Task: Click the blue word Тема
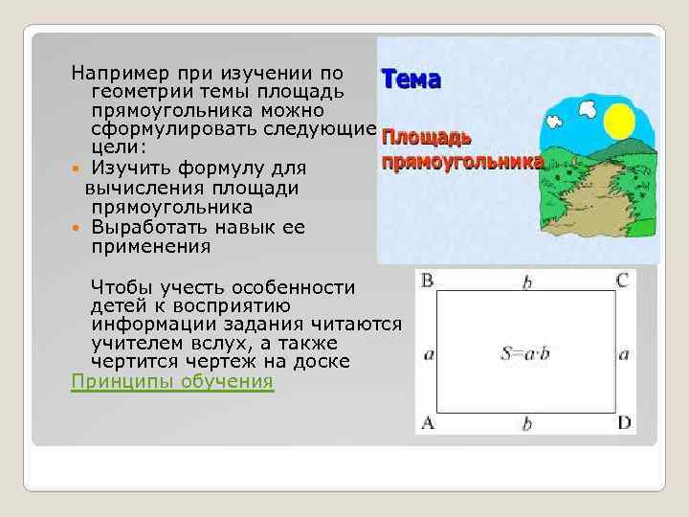pyautogui.click(x=411, y=79)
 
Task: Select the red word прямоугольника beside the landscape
pyautogui.click(x=462, y=162)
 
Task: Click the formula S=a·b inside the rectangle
pyautogui.click(x=524, y=354)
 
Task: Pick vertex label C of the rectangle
pyautogui.click(x=623, y=281)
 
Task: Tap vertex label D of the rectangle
pyautogui.click(x=624, y=421)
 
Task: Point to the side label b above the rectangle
pyautogui.click(x=525, y=281)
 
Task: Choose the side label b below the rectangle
pyautogui.click(x=525, y=422)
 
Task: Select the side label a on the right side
pyautogui.click(x=624, y=354)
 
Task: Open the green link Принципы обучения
pyautogui.click(x=172, y=381)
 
